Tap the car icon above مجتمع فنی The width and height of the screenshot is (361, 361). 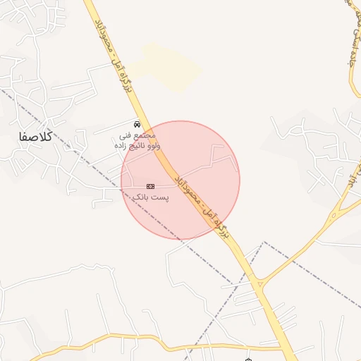(137, 123)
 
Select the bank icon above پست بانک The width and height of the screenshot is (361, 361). (149, 185)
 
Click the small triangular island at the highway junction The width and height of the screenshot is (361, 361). (259, 283)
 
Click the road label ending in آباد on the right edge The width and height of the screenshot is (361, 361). (347, 182)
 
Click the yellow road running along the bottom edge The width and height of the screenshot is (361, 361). (141, 350)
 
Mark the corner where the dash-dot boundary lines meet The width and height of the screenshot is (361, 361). (263, 243)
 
